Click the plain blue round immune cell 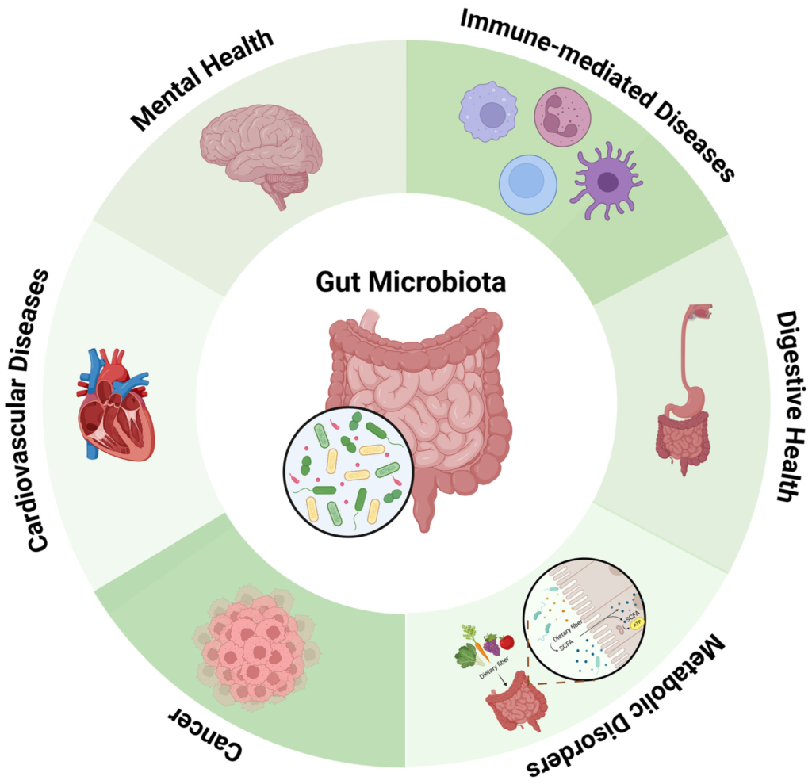click(x=527, y=184)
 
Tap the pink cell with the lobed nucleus click(x=564, y=117)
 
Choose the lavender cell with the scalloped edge click(x=488, y=112)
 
